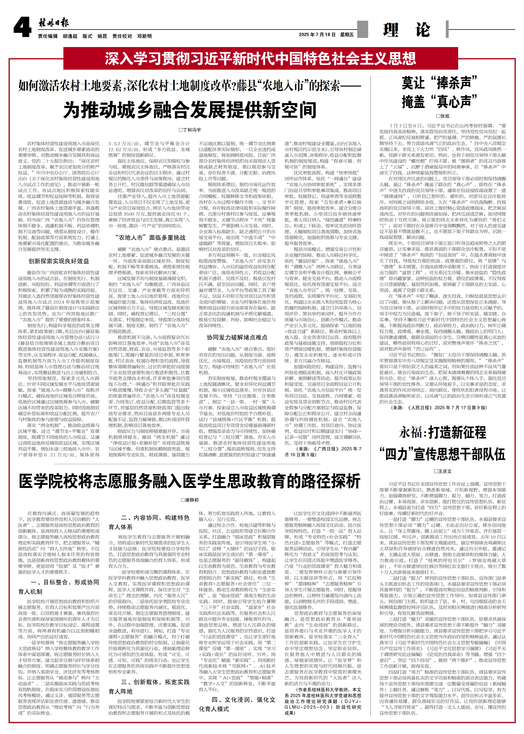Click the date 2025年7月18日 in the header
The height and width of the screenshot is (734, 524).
(x=317, y=35)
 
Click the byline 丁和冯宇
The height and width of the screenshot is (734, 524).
(x=190, y=130)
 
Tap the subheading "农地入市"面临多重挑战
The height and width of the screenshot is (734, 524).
(x=150, y=237)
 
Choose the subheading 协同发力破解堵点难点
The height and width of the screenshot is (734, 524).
(x=237, y=337)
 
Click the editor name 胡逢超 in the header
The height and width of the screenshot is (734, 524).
(x=70, y=36)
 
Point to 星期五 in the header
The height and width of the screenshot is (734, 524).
(x=347, y=35)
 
